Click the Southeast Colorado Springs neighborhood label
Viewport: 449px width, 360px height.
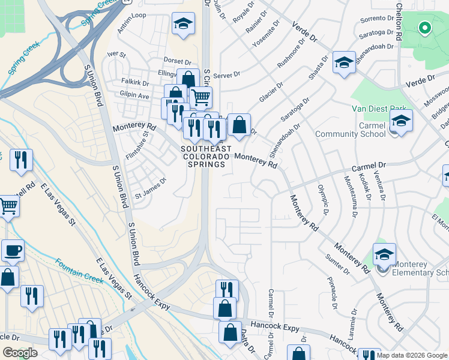click(204, 157)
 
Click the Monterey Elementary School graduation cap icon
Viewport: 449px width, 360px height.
click(384, 254)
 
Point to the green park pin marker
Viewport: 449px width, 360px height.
click(424, 28)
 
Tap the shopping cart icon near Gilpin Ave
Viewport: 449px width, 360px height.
click(200, 97)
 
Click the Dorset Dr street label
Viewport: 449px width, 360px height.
click(179, 61)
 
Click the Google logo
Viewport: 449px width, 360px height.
click(20, 353)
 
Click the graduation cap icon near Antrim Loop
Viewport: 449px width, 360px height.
click(183, 24)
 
